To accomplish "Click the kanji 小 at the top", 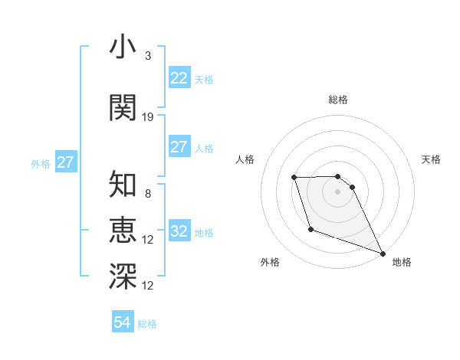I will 123,47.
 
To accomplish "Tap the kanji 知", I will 123,185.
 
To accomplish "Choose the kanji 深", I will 123,276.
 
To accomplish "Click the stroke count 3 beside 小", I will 148,56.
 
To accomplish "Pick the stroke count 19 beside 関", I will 148,116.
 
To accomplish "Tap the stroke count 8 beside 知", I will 148,194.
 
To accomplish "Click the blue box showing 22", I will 179,78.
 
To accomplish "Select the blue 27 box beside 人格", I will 179,147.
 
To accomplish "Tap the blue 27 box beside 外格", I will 65,162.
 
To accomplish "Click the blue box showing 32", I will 179,231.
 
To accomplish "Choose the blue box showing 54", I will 122,322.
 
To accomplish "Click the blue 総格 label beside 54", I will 147,324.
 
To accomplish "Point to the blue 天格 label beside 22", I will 204,80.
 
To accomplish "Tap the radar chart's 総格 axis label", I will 337,100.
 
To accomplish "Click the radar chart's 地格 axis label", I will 402,262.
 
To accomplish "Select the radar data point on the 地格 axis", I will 383,254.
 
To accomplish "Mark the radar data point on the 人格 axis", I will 294,178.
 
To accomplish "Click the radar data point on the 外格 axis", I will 310,229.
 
